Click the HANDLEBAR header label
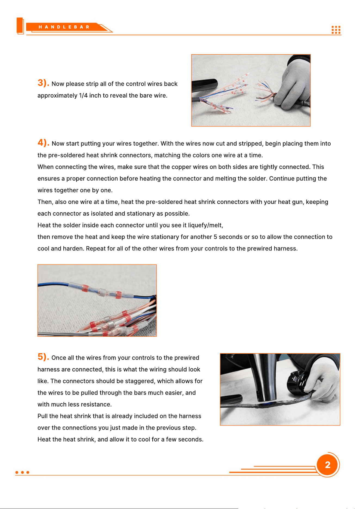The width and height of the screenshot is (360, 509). pos(64,27)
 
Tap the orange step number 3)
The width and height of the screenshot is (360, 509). pos(43,83)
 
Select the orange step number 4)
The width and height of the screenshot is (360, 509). pos(44,142)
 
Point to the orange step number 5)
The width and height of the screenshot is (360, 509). pos(43,357)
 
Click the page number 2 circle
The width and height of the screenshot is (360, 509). pos(328,465)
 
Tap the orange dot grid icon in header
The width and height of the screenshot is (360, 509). pos(336,30)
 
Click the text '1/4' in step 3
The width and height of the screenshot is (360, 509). pos(83,95)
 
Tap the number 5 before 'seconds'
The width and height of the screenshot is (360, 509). pos(215,237)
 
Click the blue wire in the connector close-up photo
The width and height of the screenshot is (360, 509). pos(54,284)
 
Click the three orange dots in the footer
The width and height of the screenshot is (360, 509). pos(22,472)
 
